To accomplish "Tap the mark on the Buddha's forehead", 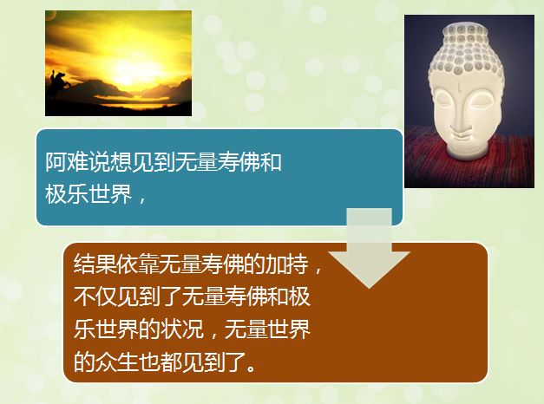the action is pos(460,85).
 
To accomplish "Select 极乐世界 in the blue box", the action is pos(88,193).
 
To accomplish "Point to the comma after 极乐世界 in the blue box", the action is pos(141,199).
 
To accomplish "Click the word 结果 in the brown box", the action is pos(95,264).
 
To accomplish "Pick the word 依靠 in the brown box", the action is pos(138,264).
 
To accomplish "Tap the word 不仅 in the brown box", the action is pos(95,296).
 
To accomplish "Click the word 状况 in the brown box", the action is pos(181,329).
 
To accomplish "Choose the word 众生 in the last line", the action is pos(116,362).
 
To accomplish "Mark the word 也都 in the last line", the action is pos(160,362).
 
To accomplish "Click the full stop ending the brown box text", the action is pos(252,367).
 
